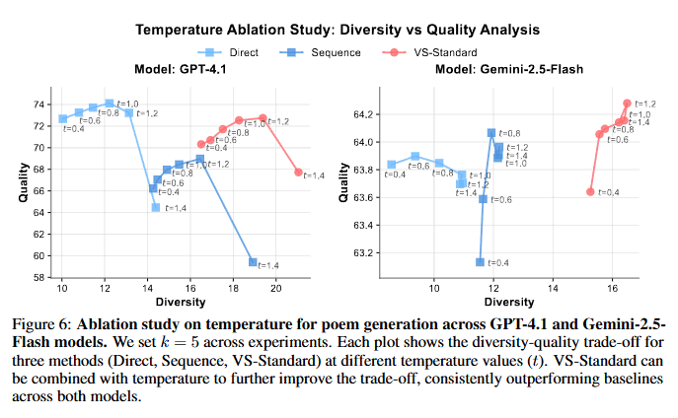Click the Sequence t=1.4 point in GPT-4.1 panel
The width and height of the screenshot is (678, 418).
pyautogui.click(x=253, y=262)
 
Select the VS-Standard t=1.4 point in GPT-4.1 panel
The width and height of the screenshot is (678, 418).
pyautogui.click(x=298, y=173)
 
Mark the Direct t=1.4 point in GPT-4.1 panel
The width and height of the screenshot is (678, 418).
pyautogui.click(x=155, y=208)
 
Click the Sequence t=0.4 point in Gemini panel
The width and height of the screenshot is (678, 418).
pyautogui.click(x=480, y=262)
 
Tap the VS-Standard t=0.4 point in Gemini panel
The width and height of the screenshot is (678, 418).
pyautogui.click(x=590, y=191)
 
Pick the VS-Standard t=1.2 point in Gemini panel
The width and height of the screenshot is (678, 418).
pyautogui.click(x=627, y=104)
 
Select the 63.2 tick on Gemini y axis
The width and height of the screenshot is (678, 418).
pyautogui.click(x=364, y=253)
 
